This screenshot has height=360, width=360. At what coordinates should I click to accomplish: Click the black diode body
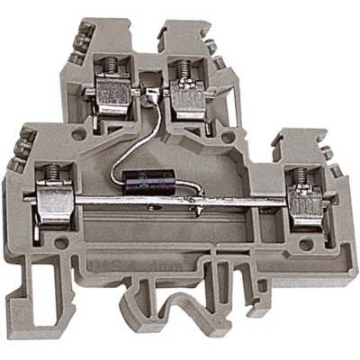pos(150,179)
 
